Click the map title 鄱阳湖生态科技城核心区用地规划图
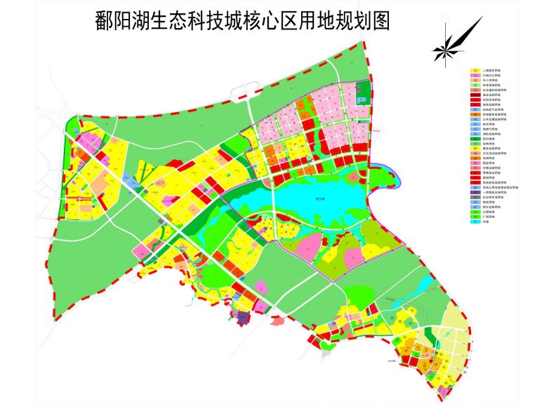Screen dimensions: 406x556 [x=242, y=21]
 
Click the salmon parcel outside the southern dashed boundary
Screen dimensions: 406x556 [x=275, y=321]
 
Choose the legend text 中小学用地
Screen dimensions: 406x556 [x=489, y=81]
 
